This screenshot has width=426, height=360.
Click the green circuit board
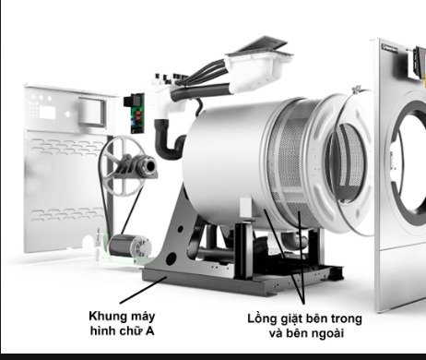pyautogui.click(x=136, y=113)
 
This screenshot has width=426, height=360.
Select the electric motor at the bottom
pyautogui.click(x=130, y=246)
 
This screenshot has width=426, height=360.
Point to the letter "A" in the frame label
pyautogui.click(x=149, y=331)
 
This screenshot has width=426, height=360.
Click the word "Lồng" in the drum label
pyautogui.click(x=263, y=319)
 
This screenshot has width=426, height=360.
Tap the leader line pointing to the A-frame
pyautogui.click(x=143, y=290)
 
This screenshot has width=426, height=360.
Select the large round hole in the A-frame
pyautogui.click(x=171, y=259)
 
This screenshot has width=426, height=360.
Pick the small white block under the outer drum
pyautogui.click(x=245, y=207)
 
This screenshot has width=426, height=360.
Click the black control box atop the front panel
pyautogui.click(x=420, y=64)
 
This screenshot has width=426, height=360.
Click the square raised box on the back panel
pyautogui.click(x=92, y=112)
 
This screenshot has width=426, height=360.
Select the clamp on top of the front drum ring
pyautogui.click(x=357, y=90)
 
